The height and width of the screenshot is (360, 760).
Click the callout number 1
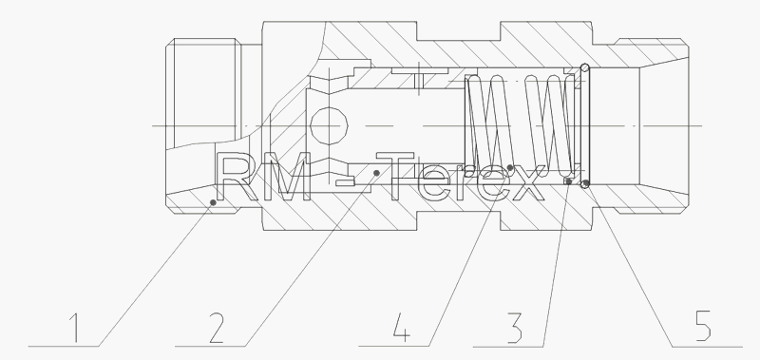[74, 328]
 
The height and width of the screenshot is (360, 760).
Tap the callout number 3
[514, 328]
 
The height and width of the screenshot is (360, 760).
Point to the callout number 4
[401, 327]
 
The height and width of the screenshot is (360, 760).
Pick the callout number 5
[703, 326]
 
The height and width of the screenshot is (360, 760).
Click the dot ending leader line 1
[213, 202]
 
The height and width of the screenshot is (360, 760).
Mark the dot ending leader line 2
[376, 173]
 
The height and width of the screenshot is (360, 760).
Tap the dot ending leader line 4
[510, 167]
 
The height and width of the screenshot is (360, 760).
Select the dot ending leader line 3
[568, 181]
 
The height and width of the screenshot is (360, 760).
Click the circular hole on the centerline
[329, 126]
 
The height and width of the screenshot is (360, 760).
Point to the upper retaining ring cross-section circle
[585, 67]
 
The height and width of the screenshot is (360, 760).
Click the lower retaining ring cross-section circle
[585, 184]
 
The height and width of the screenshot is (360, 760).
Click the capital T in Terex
[395, 177]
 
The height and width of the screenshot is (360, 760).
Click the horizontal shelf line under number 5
[707, 347]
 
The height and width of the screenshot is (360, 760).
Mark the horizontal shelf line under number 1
[64, 347]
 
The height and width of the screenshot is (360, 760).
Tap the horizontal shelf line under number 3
[508, 347]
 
